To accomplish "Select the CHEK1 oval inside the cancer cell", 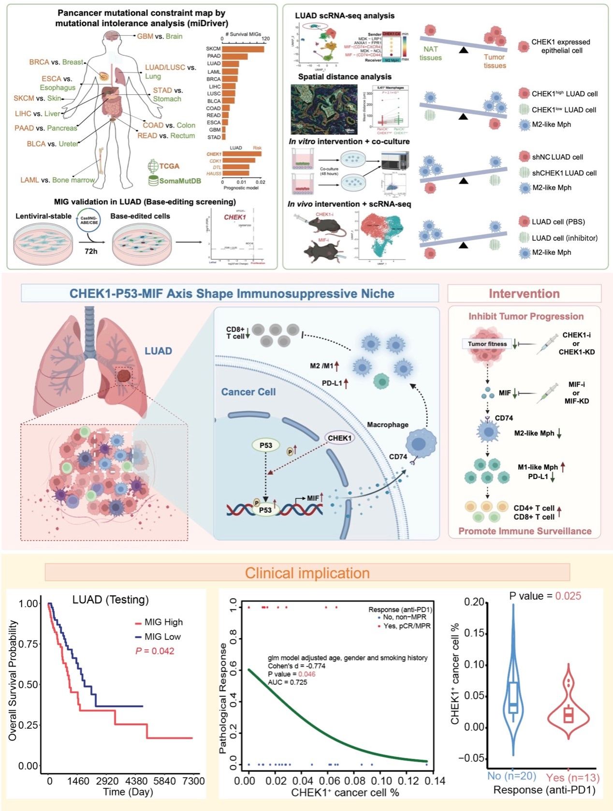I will click(x=339, y=438).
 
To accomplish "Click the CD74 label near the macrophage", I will click(x=398, y=456).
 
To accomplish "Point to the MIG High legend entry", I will click(x=163, y=622).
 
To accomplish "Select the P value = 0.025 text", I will click(x=545, y=596).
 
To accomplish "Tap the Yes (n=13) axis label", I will click(x=572, y=778).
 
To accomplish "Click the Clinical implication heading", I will click(x=307, y=573).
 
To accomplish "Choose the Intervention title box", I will click(x=524, y=293).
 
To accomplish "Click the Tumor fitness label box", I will click(x=487, y=344).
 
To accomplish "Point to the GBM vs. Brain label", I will click(x=160, y=36).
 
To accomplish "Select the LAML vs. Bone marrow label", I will click(x=58, y=180).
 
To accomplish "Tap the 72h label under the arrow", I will click(x=90, y=251).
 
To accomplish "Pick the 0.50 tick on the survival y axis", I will click(x=29, y=684).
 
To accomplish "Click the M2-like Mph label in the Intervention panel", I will click(x=534, y=433).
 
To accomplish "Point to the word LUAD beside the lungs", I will click(x=158, y=350).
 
